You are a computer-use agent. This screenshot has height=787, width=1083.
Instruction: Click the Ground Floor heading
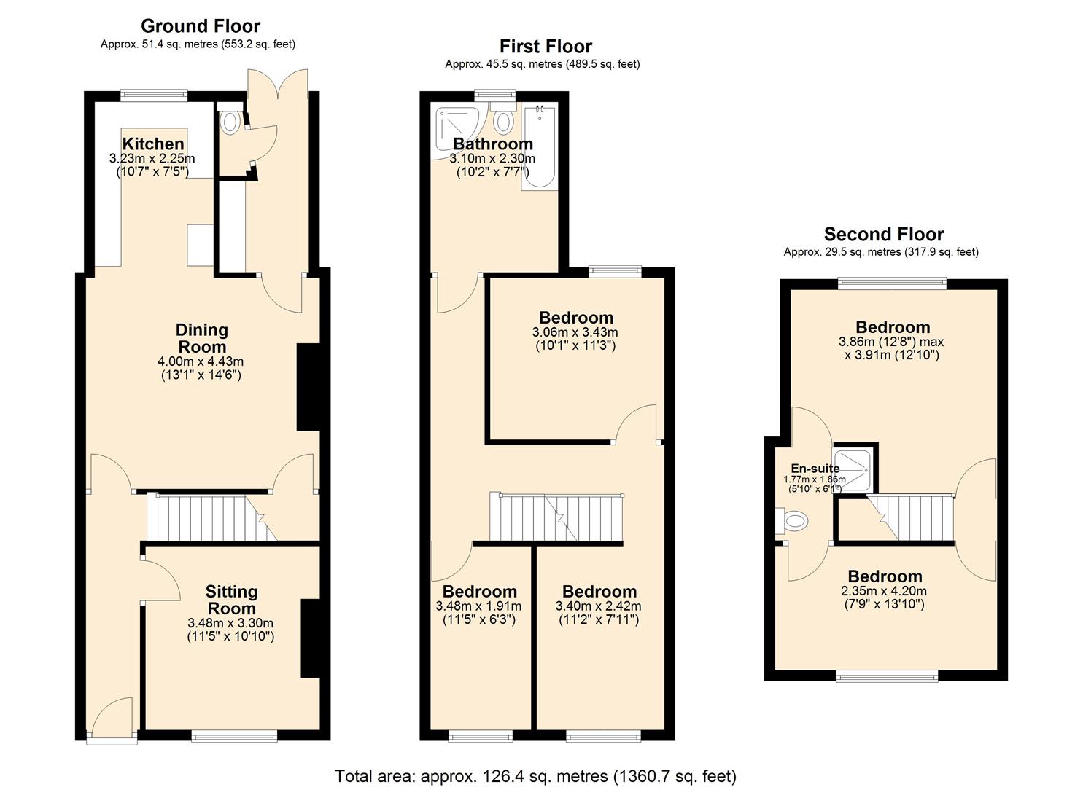click(x=201, y=26)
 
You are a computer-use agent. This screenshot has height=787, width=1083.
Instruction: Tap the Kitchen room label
click(x=152, y=144)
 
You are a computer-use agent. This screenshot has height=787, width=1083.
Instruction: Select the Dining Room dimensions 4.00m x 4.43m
click(x=201, y=361)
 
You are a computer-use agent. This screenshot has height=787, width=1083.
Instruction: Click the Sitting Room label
click(x=230, y=600)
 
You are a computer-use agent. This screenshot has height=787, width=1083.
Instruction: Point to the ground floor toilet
click(x=230, y=122)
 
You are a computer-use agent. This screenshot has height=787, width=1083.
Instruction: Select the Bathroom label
click(x=493, y=144)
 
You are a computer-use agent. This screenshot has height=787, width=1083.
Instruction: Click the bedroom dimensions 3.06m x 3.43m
click(x=575, y=332)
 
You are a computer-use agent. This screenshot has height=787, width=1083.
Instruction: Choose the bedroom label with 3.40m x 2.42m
click(x=599, y=592)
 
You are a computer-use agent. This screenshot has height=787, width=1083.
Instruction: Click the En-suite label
click(x=815, y=469)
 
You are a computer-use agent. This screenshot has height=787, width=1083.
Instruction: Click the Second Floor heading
click(x=883, y=235)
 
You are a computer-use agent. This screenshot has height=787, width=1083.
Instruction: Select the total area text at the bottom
click(x=535, y=776)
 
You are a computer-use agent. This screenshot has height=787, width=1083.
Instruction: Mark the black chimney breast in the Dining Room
click(x=306, y=386)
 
